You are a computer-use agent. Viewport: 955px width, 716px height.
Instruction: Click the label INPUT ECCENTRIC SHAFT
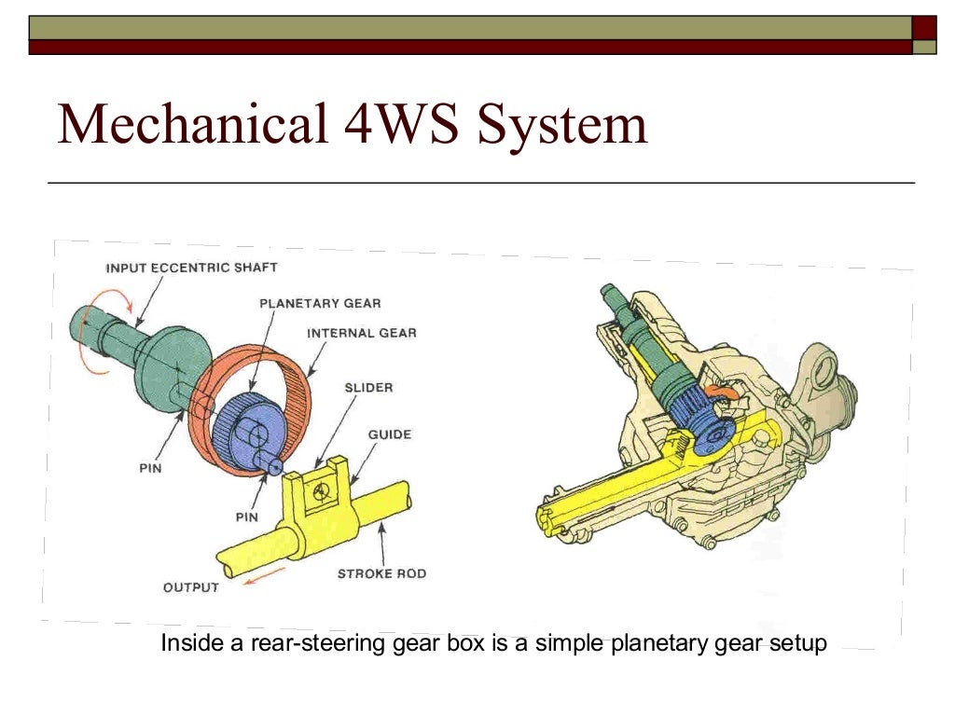coord(191,268)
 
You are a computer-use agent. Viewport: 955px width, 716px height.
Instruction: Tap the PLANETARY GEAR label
coord(319,303)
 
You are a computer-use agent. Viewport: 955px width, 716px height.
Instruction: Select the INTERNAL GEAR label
coord(361,332)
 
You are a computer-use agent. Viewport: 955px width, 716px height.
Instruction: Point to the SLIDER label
coord(369,387)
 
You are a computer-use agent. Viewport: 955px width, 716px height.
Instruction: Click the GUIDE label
coord(389,434)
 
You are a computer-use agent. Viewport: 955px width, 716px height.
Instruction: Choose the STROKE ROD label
coord(381,573)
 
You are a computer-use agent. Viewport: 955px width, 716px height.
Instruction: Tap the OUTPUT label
coord(190,587)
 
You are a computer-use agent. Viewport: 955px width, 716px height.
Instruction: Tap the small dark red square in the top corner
coord(924,26)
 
